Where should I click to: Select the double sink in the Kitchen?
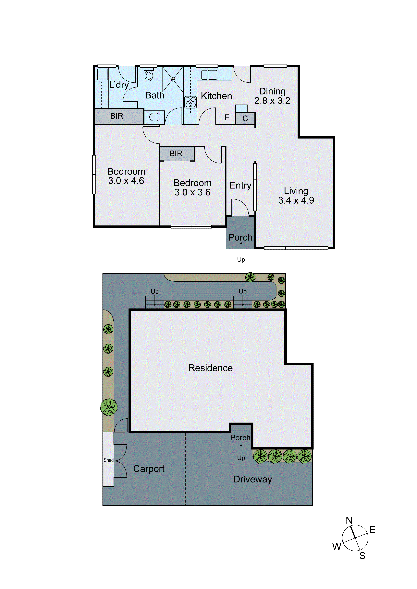pos(209,75)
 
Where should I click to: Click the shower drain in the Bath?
pos(173,80)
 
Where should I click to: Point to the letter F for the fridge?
pos(227,118)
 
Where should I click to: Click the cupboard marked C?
pos(245,119)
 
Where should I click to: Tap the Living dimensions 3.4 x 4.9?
pos(296,200)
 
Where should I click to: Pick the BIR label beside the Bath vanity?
pos(117,116)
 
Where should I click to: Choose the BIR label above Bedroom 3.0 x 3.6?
pos(176,153)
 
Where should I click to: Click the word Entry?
pos(240,185)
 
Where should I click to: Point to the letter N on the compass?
pos(349,520)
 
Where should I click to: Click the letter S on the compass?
pos(362,556)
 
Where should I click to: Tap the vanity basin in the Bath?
pos(155,117)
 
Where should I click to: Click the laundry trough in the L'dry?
pos(102,74)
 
